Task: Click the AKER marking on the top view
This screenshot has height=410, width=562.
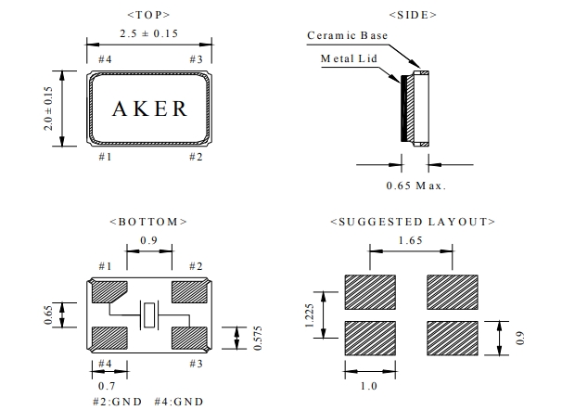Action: pyautogui.click(x=149, y=108)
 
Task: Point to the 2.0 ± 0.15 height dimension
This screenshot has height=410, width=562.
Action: pyautogui.click(x=49, y=108)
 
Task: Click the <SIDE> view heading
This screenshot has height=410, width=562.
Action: pyautogui.click(x=415, y=15)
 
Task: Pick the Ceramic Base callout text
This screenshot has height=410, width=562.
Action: pyautogui.click(x=347, y=36)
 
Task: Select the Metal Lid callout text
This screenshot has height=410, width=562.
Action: pyautogui.click(x=348, y=58)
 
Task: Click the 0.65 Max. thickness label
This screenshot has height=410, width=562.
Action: pyautogui.click(x=415, y=186)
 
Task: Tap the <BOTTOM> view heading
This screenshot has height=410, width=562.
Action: pyautogui.click(x=148, y=222)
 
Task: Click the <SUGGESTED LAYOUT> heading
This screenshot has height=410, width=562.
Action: pyautogui.click(x=413, y=222)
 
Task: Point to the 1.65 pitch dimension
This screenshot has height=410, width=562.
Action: pyautogui.click(x=413, y=239)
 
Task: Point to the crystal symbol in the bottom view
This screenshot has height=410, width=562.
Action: pyautogui.click(x=149, y=316)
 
